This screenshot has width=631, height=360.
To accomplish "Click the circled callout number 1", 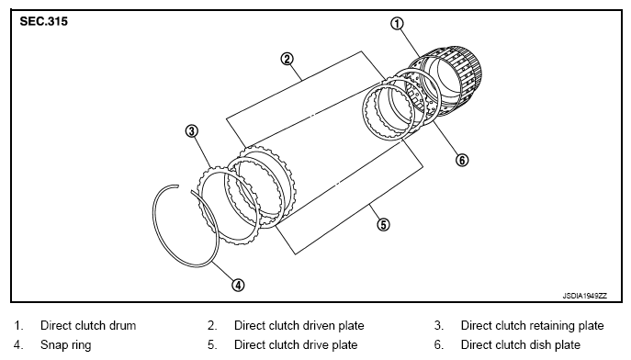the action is click(x=397, y=24).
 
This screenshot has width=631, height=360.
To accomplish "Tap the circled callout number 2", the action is click(x=287, y=59).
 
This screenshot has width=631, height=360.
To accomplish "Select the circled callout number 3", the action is click(x=192, y=131).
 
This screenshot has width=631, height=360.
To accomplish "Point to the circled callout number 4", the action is click(x=238, y=286).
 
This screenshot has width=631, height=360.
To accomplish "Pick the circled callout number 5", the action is click(x=383, y=224).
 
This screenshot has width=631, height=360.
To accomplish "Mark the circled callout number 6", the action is click(x=462, y=160).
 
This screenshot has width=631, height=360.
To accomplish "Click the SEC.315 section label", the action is click(x=44, y=21).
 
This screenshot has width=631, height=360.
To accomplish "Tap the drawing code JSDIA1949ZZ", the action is click(x=585, y=296).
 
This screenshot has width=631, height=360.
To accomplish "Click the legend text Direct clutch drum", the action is click(x=88, y=325).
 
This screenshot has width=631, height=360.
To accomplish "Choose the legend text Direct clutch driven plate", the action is click(x=299, y=325).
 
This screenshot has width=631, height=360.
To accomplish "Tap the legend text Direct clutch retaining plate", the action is click(x=532, y=325).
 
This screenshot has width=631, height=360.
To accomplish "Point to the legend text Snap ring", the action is click(x=65, y=345).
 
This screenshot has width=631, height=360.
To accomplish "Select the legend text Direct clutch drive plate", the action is click(x=296, y=344).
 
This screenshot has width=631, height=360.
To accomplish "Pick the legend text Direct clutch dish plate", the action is click(x=521, y=344).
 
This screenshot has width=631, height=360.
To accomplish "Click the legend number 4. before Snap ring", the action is click(x=18, y=345).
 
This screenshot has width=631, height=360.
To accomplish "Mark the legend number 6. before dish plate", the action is click(x=439, y=345).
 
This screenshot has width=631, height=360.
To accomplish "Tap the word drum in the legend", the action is click(x=122, y=325).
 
